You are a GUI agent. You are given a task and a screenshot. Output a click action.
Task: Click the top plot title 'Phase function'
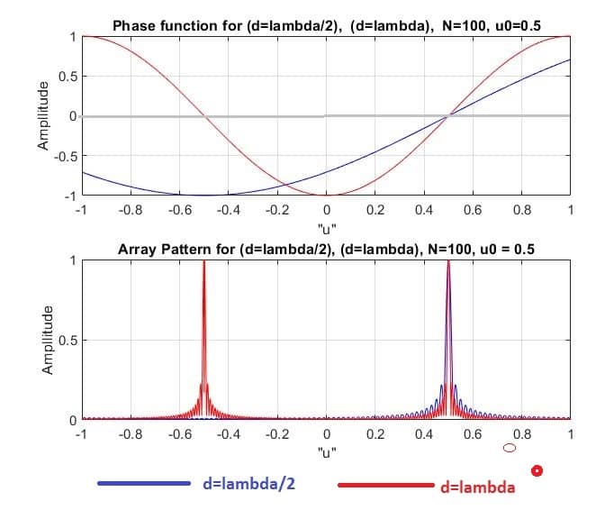pos(324,27)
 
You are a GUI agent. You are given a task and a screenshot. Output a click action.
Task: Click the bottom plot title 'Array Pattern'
pos(326,250)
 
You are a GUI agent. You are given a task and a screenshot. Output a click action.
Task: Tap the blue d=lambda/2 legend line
pos(144,484)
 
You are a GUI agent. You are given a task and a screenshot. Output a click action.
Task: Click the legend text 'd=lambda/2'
pos(250,484)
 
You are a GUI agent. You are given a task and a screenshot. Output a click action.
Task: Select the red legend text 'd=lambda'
pos(478,487)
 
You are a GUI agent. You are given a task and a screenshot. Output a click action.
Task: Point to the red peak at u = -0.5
pos(204,263)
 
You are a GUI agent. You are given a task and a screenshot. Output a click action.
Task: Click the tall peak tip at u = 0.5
pos(448,263)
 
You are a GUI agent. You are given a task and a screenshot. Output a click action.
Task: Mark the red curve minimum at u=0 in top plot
pos(327,195)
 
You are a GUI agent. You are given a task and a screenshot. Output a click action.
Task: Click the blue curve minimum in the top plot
pos(204,195)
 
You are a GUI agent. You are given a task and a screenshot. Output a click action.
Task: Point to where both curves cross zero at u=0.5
pos(448,115)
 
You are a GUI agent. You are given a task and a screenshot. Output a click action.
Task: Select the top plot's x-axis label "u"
pos(326,226)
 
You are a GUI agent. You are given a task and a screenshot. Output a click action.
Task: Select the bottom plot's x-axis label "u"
pos(326,452)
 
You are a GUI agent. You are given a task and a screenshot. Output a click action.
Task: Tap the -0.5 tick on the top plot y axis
pos(66,155)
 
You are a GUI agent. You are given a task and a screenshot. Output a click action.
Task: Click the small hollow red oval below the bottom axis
pos(509,447)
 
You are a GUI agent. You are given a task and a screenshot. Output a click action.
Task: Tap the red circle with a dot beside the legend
pos(537,469)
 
